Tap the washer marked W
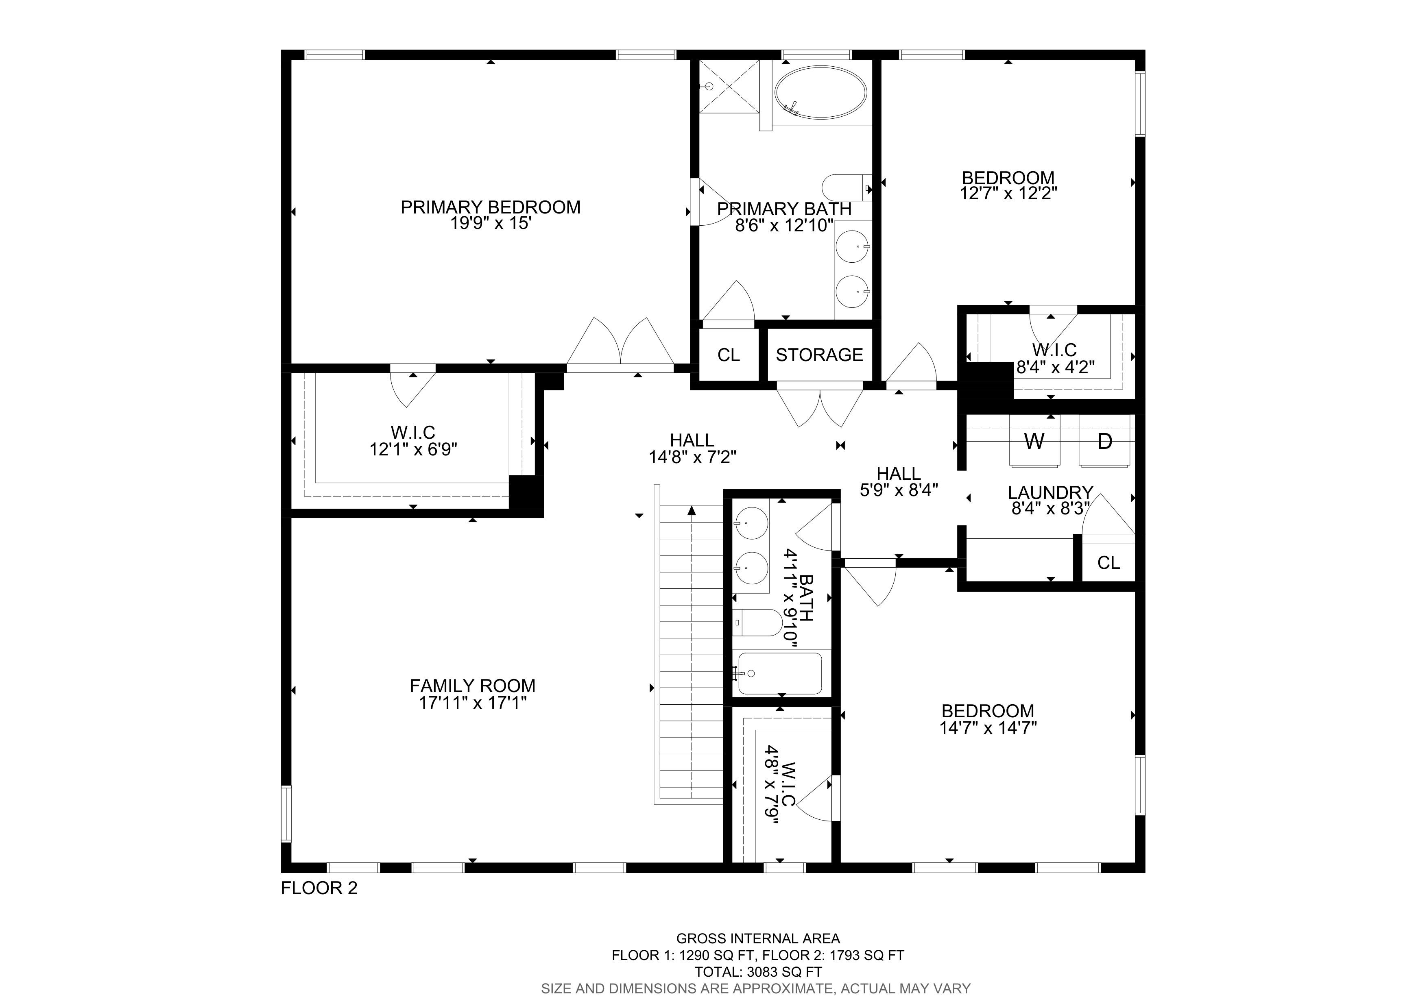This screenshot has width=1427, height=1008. (x=1034, y=441)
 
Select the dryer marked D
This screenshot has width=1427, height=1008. (x=1104, y=441)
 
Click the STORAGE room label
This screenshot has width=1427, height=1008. (x=819, y=355)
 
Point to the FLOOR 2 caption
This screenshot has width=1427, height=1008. (x=319, y=888)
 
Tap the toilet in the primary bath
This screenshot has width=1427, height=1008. (x=847, y=187)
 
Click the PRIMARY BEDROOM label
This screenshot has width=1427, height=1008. (x=490, y=207)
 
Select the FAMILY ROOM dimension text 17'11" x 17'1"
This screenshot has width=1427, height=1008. (x=473, y=703)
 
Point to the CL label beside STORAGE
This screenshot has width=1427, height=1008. (x=729, y=355)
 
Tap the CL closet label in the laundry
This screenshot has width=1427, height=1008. (x=1109, y=563)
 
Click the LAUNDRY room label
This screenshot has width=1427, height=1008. (x=1050, y=492)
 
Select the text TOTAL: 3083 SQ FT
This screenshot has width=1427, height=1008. (x=758, y=972)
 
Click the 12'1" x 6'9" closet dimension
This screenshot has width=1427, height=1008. (x=413, y=449)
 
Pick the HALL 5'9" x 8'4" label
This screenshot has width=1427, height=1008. (x=899, y=482)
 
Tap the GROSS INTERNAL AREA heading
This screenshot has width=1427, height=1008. (x=758, y=938)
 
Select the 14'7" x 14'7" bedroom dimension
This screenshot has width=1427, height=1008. (x=988, y=727)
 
